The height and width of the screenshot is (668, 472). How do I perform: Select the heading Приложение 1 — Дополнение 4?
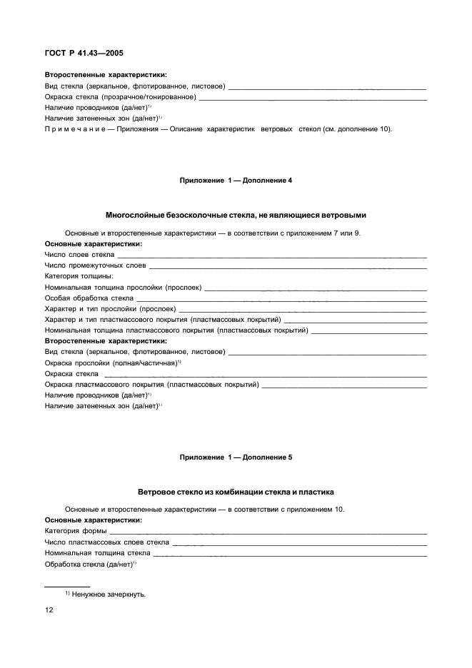click(x=236, y=181)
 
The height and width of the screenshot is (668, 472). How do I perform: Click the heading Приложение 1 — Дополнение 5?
click(x=236, y=456)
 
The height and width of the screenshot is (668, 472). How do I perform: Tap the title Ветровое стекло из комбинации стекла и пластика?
click(x=236, y=492)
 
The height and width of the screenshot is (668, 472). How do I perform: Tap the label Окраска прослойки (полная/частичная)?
click(x=111, y=363)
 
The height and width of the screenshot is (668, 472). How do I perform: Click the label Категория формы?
click(x=76, y=531)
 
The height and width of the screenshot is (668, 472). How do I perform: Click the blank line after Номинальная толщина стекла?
click(x=289, y=555)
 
